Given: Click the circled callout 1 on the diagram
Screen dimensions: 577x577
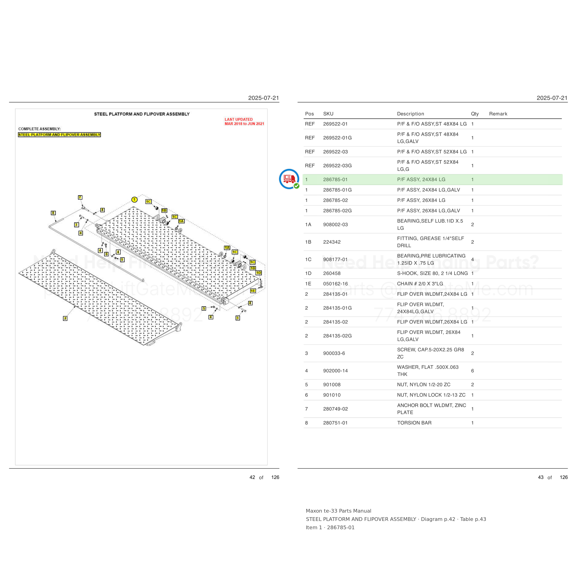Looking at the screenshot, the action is [134, 199].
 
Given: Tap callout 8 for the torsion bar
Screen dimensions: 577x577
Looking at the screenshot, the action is [53, 213].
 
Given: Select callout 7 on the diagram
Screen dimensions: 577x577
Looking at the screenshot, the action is [80, 197].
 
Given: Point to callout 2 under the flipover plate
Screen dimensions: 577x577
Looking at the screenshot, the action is [65, 318].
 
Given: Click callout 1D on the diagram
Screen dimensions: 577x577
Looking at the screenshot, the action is [259, 273].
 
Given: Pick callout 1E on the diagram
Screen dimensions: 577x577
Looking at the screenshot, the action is [253, 291].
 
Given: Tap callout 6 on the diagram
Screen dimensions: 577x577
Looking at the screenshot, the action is [106, 254].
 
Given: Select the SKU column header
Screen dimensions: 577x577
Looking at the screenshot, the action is [328, 114].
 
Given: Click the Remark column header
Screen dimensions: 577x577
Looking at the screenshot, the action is [498, 114].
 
